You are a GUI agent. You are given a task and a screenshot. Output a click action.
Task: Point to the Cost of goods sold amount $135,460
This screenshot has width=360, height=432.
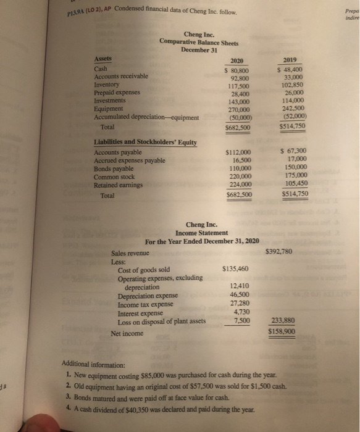click(x=235, y=269)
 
